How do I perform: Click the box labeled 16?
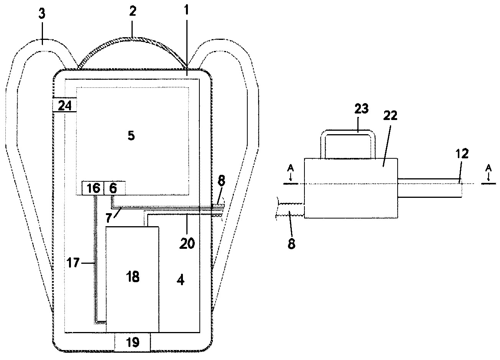click(93, 188)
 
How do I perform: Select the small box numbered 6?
click(115, 188)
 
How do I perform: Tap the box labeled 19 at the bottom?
click(133, 342)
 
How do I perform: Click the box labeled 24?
click(65, 104)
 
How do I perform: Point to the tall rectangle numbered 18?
click(132, 279)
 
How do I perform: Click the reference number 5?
click(131, 136)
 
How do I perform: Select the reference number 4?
click(181, 280)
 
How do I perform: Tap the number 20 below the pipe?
click(187, 243)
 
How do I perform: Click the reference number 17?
click(73, 263)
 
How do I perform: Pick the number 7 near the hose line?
click(109, 218)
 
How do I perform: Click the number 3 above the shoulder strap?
click(42, 14)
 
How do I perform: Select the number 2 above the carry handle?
click(133, 11)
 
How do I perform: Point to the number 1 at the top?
click(187, 10)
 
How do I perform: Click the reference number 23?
click(362, 108)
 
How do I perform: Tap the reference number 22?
click(390, 116)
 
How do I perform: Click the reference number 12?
click(462, 153)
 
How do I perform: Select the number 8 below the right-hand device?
click(291, 243)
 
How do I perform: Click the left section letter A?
click(291, 168)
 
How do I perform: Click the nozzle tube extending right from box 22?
click(429, 188)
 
